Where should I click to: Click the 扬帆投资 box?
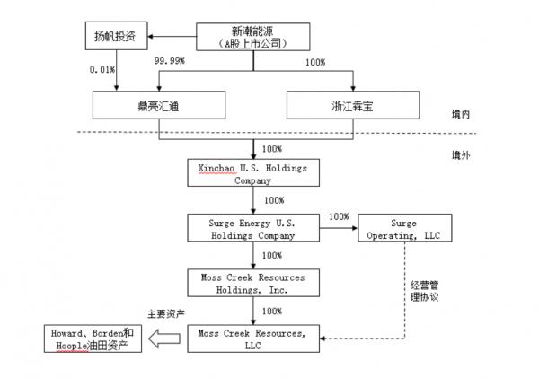pos(113,37)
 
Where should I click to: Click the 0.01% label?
pos(102,68)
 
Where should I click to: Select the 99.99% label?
pos(168,61)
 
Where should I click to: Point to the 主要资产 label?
pos(164,314)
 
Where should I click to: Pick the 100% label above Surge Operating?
pos(339,216)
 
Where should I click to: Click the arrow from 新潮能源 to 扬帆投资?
pos(171,37)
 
